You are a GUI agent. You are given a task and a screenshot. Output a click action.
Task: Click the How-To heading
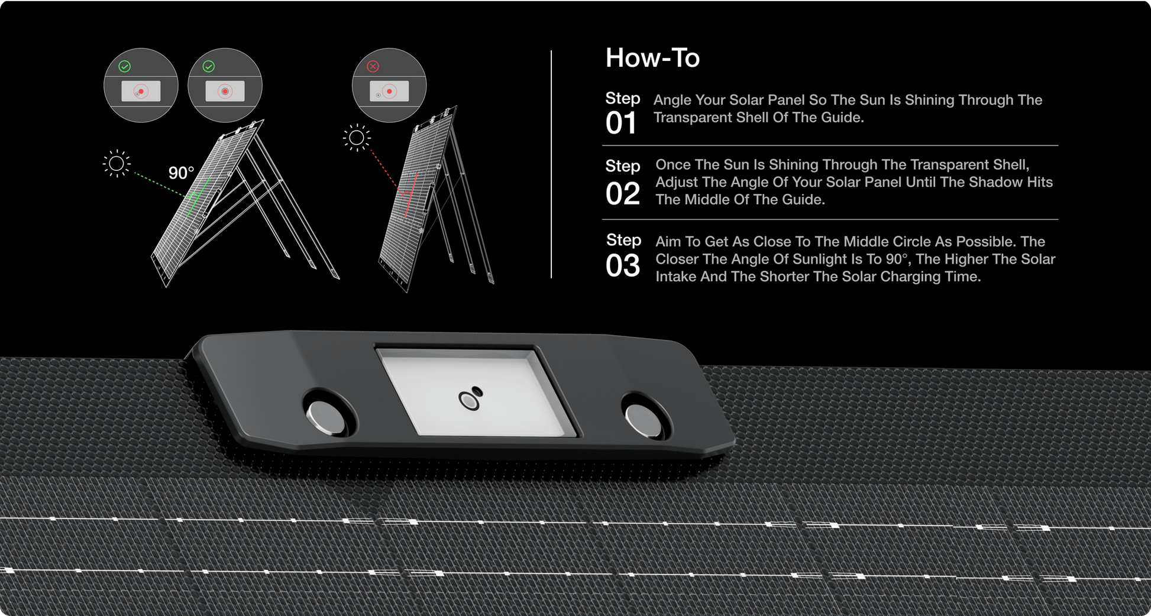point(652,58)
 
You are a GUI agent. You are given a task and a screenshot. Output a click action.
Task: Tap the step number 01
point(621,124)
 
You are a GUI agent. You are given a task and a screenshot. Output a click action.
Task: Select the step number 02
point(623,194)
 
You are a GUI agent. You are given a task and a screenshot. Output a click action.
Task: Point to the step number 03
point(623,265)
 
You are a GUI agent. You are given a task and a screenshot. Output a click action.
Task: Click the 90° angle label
point(181,173)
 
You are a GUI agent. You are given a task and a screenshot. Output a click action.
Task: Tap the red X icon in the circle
point(373,66)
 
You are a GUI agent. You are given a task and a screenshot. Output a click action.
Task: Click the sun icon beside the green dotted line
point(117,163)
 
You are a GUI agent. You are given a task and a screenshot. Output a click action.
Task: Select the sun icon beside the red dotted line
point(357,138)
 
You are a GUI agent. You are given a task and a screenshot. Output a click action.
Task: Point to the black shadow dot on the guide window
point(477,391)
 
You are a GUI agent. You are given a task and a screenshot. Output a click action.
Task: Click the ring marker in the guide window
point(470,401)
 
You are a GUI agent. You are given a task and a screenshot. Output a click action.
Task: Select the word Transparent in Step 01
point(690,118)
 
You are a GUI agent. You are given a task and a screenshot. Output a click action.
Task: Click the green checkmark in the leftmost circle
point(124,66)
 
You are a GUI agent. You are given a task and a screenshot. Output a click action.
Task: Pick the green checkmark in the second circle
point(208,66)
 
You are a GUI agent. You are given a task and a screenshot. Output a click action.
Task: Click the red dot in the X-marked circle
point(389,91)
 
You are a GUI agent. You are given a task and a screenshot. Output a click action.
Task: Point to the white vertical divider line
point(551,164)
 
